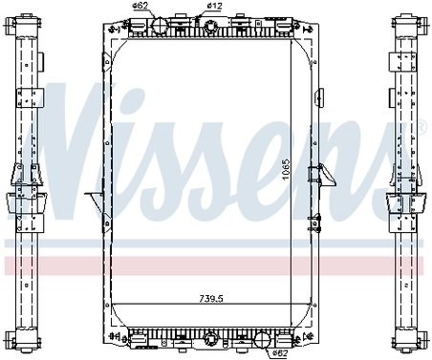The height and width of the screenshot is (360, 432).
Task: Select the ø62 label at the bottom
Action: (280, 352)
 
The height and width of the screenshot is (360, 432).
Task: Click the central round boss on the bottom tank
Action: (209, 337)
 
